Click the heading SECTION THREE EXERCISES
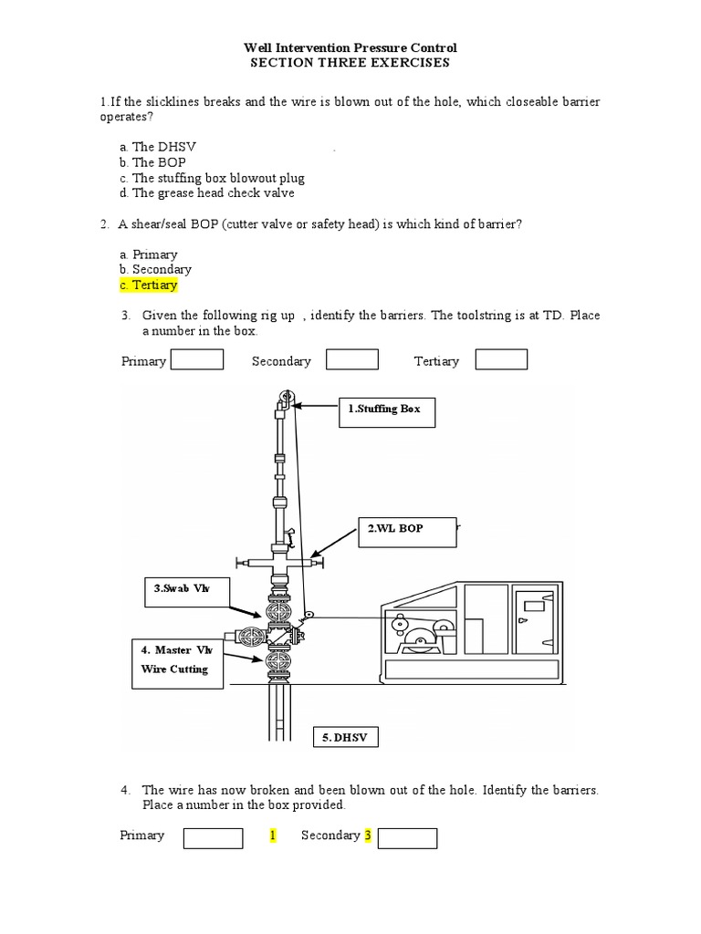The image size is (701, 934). coord(350,63)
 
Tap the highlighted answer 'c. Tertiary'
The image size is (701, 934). coord(148,285)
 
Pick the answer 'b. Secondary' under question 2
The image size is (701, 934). coord(155,270)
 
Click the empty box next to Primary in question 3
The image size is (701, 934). coord(197,359)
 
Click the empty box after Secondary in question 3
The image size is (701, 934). coord(352,359)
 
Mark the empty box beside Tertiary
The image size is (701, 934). coord(501,359)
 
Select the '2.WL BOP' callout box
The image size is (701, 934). coord(406,529)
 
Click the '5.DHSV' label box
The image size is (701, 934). coord(345,738)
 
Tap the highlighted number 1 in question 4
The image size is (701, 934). coord(272,835)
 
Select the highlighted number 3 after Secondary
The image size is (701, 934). coord(368,835)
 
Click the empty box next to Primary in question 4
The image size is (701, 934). coord(213,838)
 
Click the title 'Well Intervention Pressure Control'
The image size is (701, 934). coord(350,47)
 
